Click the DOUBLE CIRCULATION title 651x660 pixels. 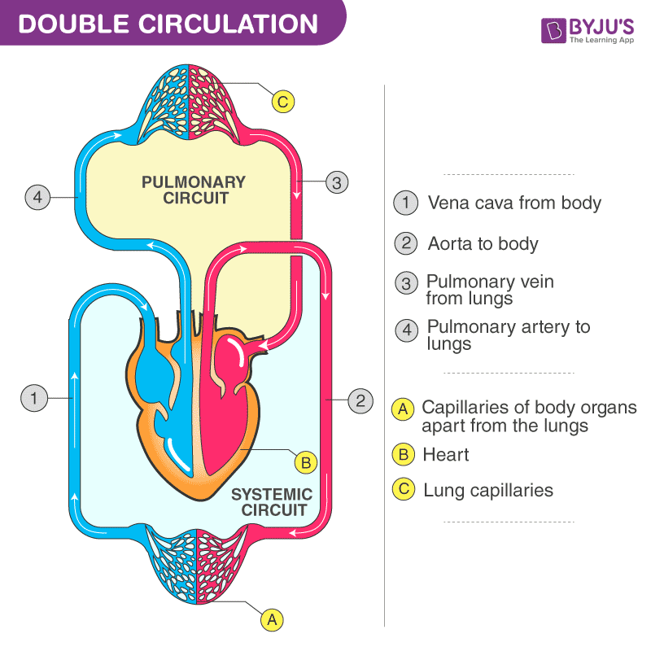pyautogui.click(x=168, y=24)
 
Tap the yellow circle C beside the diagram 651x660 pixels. pyautogui.click(x=282, y=102)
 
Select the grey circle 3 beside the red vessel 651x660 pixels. pyautogui.click(x=337, y=181)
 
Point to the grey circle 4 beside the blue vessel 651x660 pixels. pyautogui.click(x=37, y=197)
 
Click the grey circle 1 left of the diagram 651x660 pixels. pyautogui.click(x=33, y=398)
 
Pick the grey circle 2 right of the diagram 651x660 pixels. pyautogui.click(x=360, y=400)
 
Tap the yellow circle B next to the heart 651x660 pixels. pyautogui.click(x=306, y=463)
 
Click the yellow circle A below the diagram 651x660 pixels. pyautogui.click(x=272, y=619)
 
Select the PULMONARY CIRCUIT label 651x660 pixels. pyautogui.click(x=193, y=190)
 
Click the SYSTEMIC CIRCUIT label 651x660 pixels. pyautogui.click(x=271, y=502)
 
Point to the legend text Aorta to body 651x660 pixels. pyautogui.click(x=483, y=243)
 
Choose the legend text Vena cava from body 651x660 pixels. pyautogui.click(x=514, y=203)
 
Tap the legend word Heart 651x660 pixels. pyautogui.click(x=446, y=454)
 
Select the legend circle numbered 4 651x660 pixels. pyautogui.click(x=405, y=330)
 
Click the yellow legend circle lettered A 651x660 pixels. pyautogui.click(x=402, y=409)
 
